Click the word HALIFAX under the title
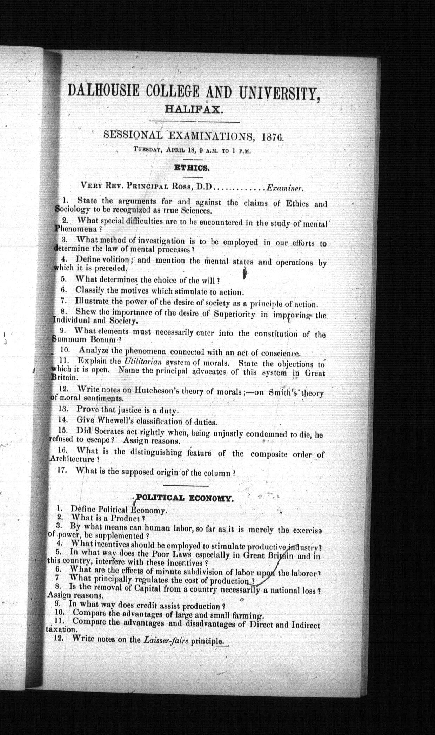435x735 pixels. (x=193, y=110)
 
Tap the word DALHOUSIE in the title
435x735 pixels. (x=103, y=92)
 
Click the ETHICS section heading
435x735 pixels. (x=192, y=168)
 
